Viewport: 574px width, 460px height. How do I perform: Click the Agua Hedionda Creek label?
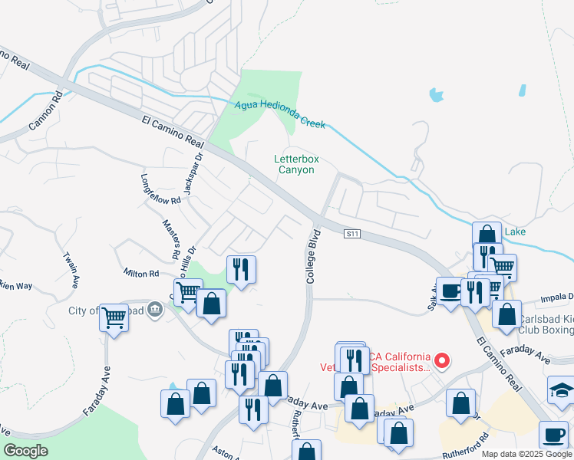pyautogui.click(x=280, y=113)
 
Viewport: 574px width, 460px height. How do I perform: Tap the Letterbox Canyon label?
pyautogui.click(x=296, y=164)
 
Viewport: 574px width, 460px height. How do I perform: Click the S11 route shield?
pyautogui.click(x=352, y=232)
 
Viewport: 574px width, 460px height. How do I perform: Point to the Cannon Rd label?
pyautogui.click(x=44, y=110)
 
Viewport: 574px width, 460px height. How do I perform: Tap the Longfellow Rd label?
pyautogui.click(x=160, y=189)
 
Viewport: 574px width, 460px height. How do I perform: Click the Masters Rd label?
pyautogui.click(x=170, y=238)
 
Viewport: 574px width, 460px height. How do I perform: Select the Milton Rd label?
pyautogui.click(x=141, y=273)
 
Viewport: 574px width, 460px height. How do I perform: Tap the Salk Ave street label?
pyautogui.click(x=431, y=296)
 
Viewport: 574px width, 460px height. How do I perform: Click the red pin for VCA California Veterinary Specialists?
pyautogui.click(x=441, y=359)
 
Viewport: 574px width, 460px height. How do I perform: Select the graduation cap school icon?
pyautogui.click(x=562, y=390)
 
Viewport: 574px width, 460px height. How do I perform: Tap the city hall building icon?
pyautogui.click(x=154, y=310)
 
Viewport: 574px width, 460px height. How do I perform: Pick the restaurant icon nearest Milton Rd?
pyautogui.click(x=242, y=269)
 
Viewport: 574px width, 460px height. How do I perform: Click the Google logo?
pyautogui.click(x=26, y=451)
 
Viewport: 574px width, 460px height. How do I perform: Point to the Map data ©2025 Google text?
pyautogui.click(x=526, y=454)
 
